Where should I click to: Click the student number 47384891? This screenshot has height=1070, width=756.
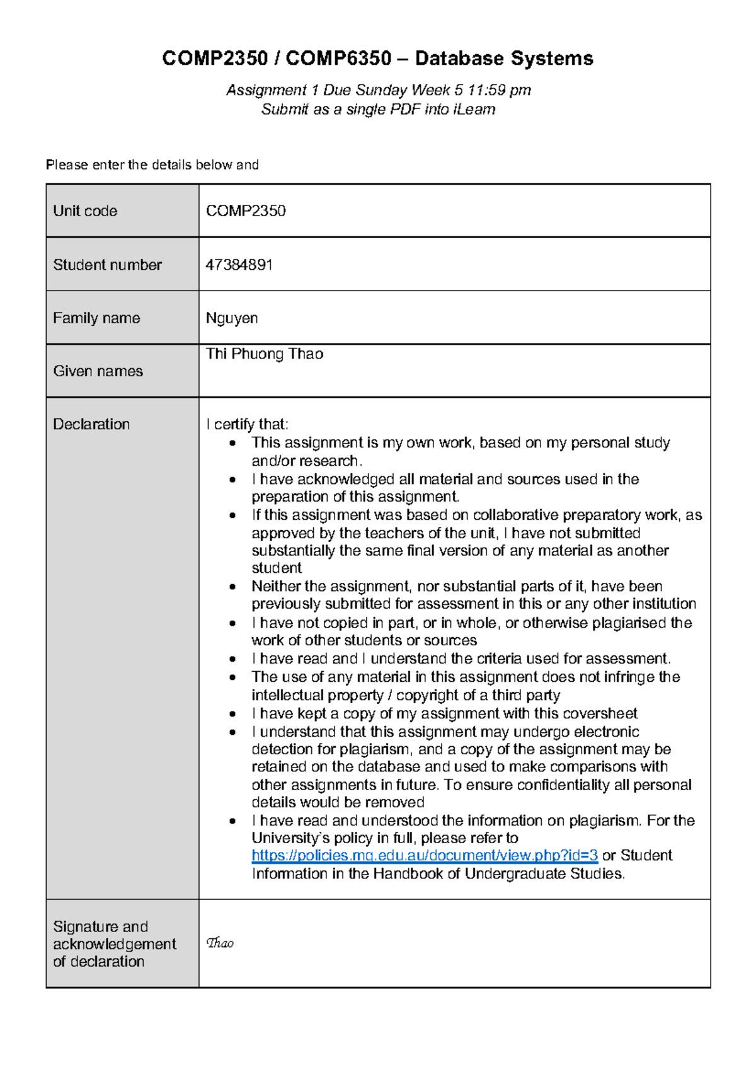click(x=239, y=265)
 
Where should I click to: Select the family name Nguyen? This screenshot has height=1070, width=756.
click(x=231, y=318)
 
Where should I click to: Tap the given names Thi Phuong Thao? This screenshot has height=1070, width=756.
click(x=264, y=354)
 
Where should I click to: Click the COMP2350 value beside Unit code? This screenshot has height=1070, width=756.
click(x=246, y=211)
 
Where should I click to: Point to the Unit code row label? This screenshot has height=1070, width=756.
click(x=85, y=211)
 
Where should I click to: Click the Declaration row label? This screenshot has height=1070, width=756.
click(x=91, y=424)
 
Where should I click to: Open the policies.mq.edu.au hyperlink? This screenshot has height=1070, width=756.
click(x=424, y=856)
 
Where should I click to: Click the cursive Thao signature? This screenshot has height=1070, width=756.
click(x=220, y=943)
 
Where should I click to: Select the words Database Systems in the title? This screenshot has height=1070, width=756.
click(x=504, y=59)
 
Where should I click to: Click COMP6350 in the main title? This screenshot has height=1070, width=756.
click(x=338, y=59)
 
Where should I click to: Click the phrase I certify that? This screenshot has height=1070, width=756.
click(x=247, y=424)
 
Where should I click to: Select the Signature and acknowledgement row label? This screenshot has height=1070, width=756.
click(x=113, y=944)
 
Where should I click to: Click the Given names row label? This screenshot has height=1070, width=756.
click(x=98, y=371)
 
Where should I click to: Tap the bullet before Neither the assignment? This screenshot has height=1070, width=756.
click(x=232, y=587)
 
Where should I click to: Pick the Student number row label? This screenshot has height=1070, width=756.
click(x=107, y=265)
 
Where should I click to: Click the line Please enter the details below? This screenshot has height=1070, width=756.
click(x=152, y=165)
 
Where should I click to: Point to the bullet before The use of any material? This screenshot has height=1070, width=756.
click(x=232, y=677)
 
